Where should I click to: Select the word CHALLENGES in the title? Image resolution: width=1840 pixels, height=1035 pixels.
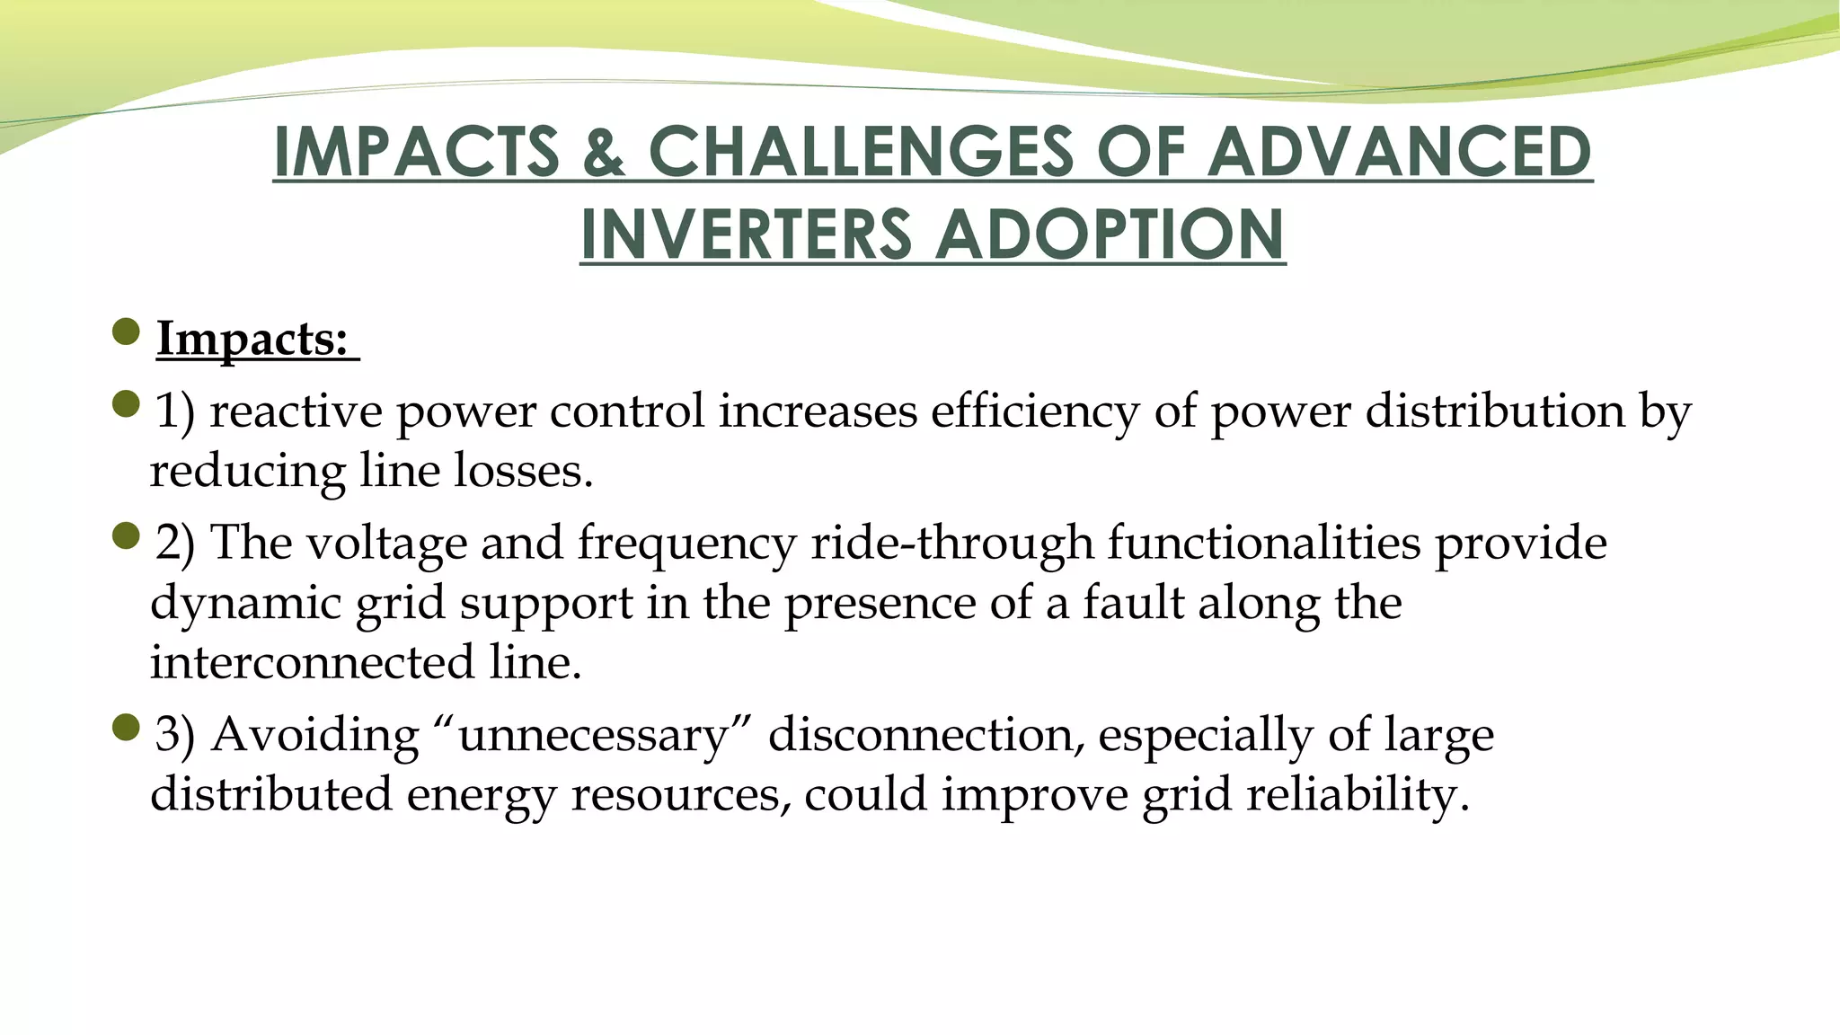pos(861,151)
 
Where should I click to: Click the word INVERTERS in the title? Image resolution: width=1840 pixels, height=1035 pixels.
pos(746,234)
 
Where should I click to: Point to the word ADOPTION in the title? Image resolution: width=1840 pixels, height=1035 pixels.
pos(1114,234)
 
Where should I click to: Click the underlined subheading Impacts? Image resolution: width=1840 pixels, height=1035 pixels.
pos(253,340)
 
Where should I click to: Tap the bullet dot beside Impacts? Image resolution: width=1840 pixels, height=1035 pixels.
pos(127,332)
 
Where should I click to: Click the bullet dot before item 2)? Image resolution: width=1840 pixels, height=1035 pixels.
pos(127,536)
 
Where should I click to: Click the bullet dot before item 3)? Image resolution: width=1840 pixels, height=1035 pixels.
pos(127,728)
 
